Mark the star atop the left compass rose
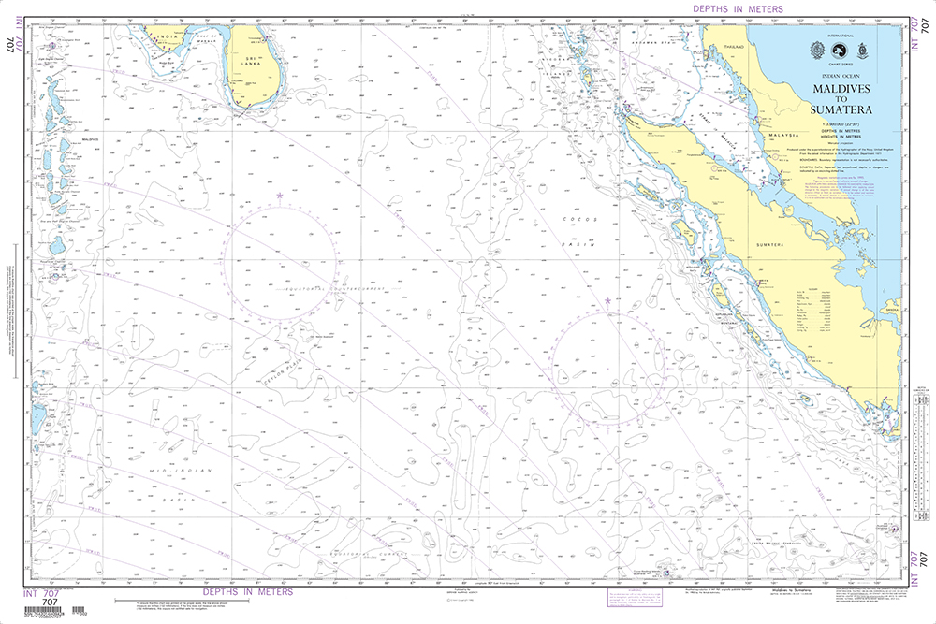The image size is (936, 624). (279, 195)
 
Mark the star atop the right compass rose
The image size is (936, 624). (607, 300)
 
